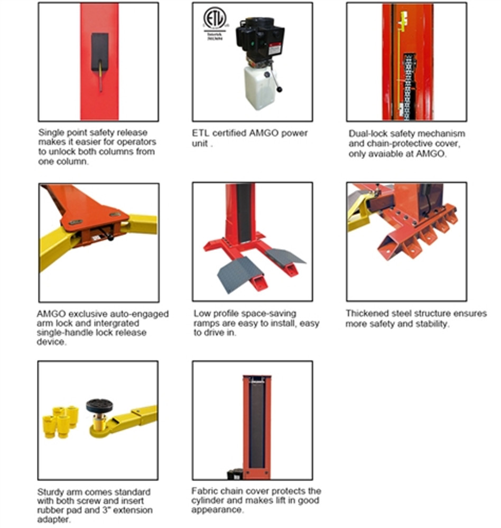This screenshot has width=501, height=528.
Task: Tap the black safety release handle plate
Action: (x=99, y=51)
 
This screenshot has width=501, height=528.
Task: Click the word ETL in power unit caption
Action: (x=201, y=133)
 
